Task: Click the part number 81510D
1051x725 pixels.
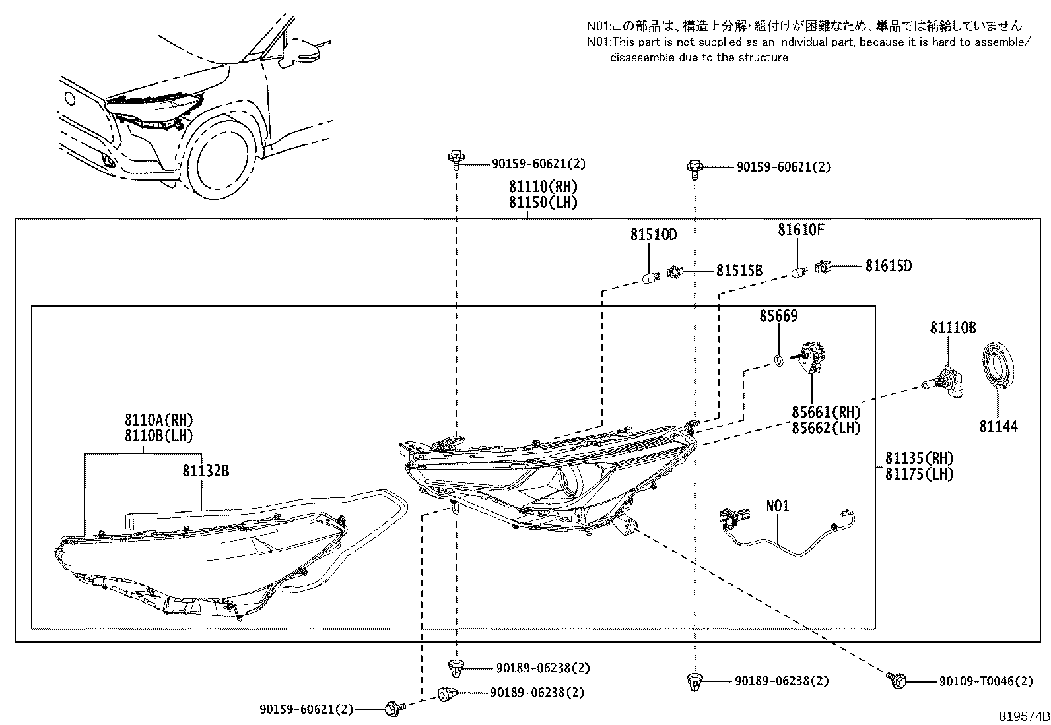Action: [653, 234]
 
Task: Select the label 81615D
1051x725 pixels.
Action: [889, 266]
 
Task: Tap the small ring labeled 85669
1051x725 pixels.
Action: [779, 360]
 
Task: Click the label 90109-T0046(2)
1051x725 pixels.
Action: [986, 681]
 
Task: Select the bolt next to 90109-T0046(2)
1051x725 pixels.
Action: [898, 679]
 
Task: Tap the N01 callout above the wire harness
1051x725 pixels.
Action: [778, 507]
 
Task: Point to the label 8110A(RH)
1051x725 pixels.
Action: [158, 420]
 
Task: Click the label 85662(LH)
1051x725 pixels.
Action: [827, 428]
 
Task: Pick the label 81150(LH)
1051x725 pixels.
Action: [543, 203]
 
